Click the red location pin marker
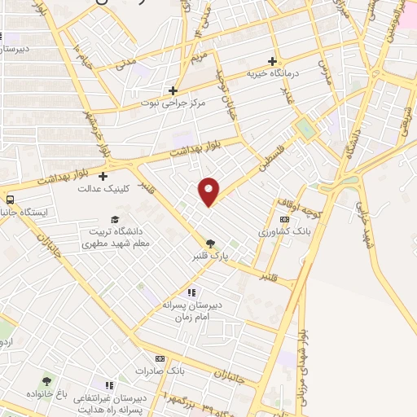[x=209, y=191]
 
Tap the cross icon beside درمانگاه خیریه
[x=273, y=61]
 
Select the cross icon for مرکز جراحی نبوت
[x=173, y=90]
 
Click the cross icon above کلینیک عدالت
[x=103, y=176]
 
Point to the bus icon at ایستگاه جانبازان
[x=10, y=200]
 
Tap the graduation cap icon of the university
[x=115, y=220]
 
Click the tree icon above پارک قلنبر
[x=211, y=243]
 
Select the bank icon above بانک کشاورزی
[x=283, y=220]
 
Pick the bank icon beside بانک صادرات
[x=160, y=358]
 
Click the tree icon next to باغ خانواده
[x=46, y=381]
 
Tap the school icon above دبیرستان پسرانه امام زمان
[x=191, y=292]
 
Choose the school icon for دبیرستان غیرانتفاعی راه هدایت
[x=108, y=384]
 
